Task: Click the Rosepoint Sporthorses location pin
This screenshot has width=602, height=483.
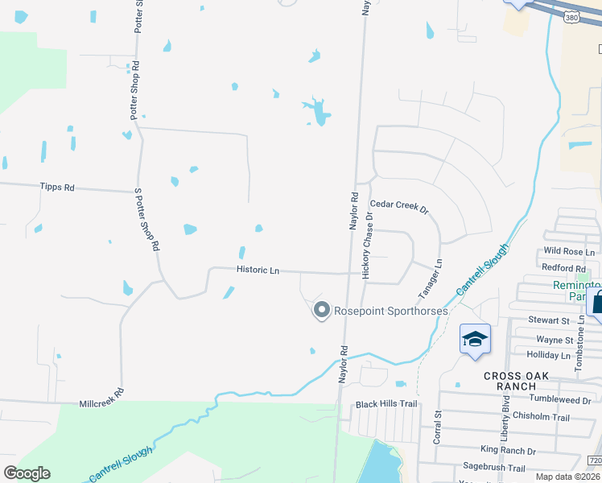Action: pyautogui.click(x=322, y=310)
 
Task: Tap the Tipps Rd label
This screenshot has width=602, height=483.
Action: pyautogui.click(x=56, y=187)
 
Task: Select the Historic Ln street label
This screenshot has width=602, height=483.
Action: pyautogui.click(x=258, y=270)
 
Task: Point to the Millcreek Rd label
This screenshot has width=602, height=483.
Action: pyautogui.click(x=101, y=397)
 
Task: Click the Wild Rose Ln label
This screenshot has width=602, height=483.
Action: pyautogui.click(x=569, y=252)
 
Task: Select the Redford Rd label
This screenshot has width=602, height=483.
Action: pyautogui.click(x=563, y=267)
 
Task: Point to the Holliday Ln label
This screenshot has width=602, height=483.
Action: pyautogui.click(x=547, y=355)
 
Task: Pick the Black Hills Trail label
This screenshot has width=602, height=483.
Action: pyautogui.click(x=387, y=404)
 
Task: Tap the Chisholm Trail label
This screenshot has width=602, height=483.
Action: pyautogui.click(x=546, y=417)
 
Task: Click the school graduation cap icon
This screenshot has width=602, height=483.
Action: pyautogui.click(x=476, y=338)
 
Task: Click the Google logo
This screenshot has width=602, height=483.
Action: pyautogui.click(x=27, y=473)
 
